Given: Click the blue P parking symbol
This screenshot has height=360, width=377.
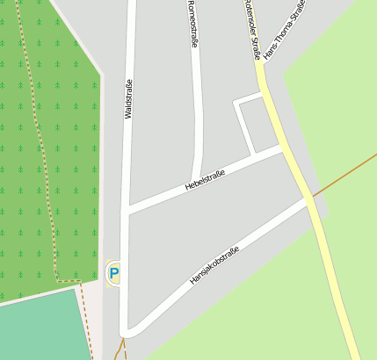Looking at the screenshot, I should click(x=113, y=274).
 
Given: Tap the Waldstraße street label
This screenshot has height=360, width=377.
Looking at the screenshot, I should click(x=129, y=99).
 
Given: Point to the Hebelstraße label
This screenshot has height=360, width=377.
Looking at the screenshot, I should click(x=205, y=181).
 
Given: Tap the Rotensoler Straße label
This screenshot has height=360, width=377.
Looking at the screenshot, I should click(x=253, y=30).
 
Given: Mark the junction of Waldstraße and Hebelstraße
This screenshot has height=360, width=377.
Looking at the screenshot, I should click(x=128, y=209).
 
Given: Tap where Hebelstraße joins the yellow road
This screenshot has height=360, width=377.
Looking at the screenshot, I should click(x=283, y=148).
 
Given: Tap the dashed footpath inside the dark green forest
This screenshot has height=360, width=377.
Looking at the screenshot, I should click(x=36, y=132).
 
